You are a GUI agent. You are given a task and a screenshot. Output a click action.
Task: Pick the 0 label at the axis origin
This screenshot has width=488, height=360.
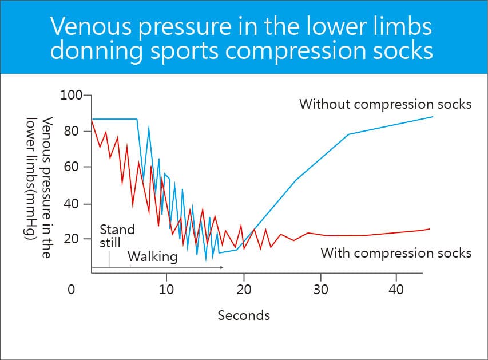click(71, 290)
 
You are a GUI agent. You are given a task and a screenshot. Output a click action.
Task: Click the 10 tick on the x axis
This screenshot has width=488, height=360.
click(166, 290)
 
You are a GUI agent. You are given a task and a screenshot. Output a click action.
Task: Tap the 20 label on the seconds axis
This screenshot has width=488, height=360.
click(244, 290)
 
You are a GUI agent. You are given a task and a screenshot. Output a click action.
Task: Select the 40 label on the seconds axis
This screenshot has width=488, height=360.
click(396, 290)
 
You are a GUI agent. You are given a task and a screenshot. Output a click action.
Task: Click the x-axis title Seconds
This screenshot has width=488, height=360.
click(244, 315)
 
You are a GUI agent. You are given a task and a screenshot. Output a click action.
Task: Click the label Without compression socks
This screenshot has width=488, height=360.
click(385, 104)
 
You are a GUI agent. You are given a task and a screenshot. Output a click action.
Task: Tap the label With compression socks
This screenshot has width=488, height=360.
click(396, 252)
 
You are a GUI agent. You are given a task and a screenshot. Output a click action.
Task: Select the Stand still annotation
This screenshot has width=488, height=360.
click(117, 236)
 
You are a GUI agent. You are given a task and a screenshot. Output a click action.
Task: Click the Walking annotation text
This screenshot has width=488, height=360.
click(152, 256)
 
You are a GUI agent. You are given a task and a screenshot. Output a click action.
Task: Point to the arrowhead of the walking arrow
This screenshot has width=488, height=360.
click(221, 267)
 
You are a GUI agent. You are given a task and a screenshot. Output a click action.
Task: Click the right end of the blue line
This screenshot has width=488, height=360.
click(433, 117)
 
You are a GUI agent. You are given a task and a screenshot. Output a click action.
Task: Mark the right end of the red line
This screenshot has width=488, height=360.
click(430, 229)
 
